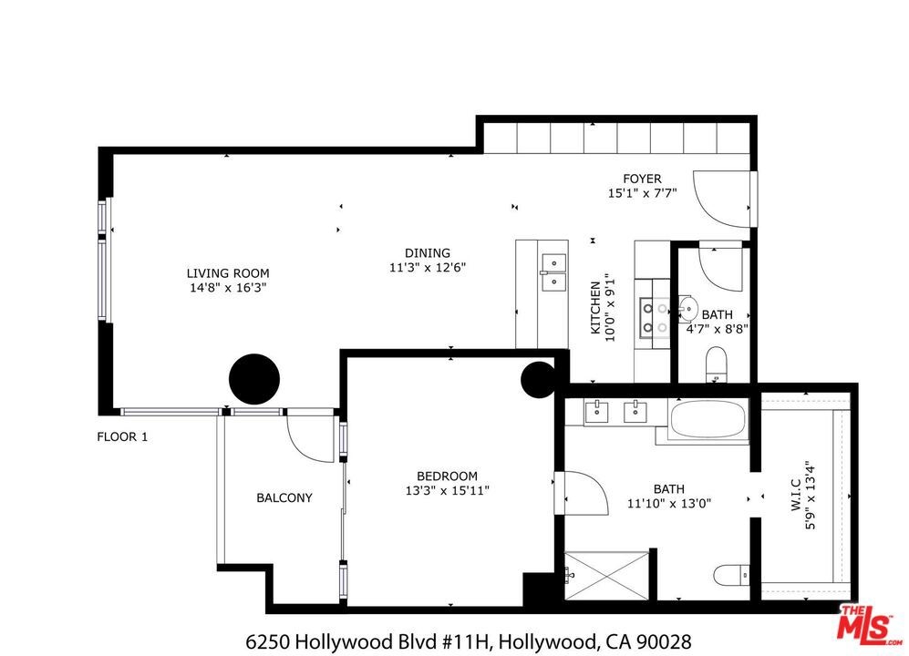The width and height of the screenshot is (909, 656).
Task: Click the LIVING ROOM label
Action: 228,273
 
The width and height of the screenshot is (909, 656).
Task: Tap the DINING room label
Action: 428,253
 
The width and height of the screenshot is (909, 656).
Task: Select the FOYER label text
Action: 642,179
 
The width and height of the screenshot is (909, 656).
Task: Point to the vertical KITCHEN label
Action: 595,308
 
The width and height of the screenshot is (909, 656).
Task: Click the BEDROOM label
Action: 447,477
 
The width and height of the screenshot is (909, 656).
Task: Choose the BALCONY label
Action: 284,497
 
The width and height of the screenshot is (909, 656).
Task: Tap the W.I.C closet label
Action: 795,495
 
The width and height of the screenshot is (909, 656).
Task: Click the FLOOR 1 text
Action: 122,437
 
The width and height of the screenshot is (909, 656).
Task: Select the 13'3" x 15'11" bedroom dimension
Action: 447,491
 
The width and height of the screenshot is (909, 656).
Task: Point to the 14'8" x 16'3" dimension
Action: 228,288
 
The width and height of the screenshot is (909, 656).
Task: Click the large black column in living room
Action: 254,379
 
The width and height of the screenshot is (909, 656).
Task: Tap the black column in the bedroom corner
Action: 539,380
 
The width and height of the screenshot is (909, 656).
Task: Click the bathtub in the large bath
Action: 708,418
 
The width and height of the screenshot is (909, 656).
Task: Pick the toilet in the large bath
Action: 731,576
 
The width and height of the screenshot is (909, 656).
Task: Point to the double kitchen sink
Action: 553,272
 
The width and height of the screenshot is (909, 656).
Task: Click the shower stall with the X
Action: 607,576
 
